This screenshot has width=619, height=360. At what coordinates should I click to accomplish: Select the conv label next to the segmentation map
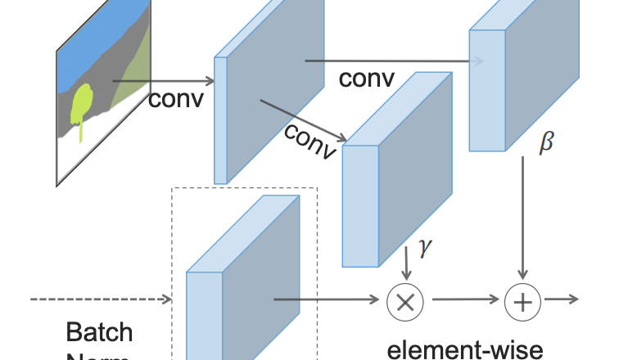point(175,99)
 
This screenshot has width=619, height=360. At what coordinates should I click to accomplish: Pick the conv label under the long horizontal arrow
point(366,79)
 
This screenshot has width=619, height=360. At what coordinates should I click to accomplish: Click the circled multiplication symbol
point(404,300)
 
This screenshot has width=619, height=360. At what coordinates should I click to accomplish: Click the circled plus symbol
point(522,300)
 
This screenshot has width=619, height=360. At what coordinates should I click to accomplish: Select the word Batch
point(99,332)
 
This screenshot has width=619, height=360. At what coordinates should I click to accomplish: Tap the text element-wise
point(464,349)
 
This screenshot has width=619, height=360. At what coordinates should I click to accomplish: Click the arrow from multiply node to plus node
point(463,300)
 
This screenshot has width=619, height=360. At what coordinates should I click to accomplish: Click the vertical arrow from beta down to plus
point(522,217)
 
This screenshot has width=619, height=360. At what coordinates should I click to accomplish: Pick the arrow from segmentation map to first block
point(163,81)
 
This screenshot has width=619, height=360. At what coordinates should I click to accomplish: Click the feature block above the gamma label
point(397,172)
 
